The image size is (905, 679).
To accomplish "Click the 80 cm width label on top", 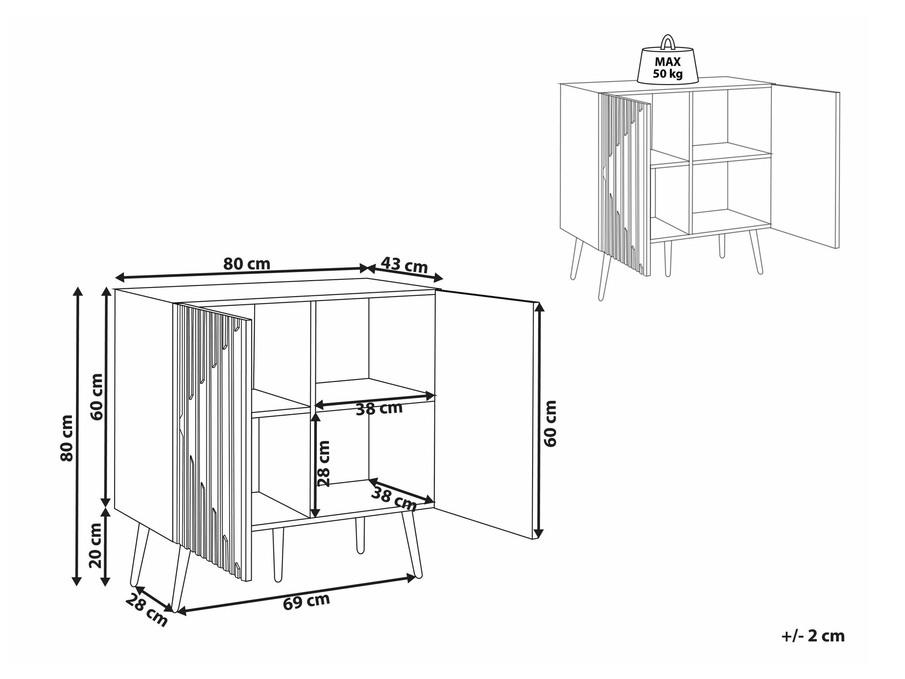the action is click(247, 263).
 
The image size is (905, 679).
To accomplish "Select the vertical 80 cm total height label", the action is click(67, 438).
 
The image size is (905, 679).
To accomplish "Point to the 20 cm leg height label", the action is click(95, 545).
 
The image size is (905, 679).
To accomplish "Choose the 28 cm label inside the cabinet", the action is click(324, 464).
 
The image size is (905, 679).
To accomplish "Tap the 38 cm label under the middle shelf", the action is click(379, 409).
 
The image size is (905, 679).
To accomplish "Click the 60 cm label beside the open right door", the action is click(550, 423).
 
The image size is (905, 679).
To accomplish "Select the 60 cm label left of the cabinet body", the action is click(97, 397).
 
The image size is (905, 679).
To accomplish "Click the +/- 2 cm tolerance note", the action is click(813, 636).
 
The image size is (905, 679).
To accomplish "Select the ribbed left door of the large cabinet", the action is click(212, 443).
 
